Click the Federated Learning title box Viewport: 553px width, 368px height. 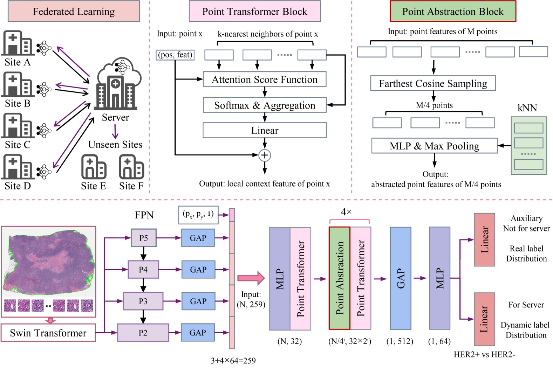(74, 11)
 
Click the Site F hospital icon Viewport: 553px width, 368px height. (131, 167)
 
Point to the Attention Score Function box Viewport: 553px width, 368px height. (265, 79)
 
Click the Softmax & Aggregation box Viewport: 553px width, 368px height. (265, 105)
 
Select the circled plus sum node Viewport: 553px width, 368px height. (265, 155)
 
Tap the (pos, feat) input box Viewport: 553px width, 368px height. (175, 55)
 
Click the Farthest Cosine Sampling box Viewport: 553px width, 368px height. (433, 83)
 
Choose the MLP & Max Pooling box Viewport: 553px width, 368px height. (434, 146)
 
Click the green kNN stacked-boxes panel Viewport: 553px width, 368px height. (528, 146)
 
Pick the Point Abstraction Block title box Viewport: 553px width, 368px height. (452, 11)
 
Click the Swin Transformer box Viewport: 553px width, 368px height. (48, 333)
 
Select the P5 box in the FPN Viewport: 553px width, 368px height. (143, 238)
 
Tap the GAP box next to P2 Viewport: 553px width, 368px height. (198, 333)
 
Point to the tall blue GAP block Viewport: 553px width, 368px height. (401, 278)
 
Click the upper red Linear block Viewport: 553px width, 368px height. (484, 240)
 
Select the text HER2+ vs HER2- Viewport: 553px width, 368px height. (484, 354)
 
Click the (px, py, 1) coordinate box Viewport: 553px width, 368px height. (198, 214)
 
